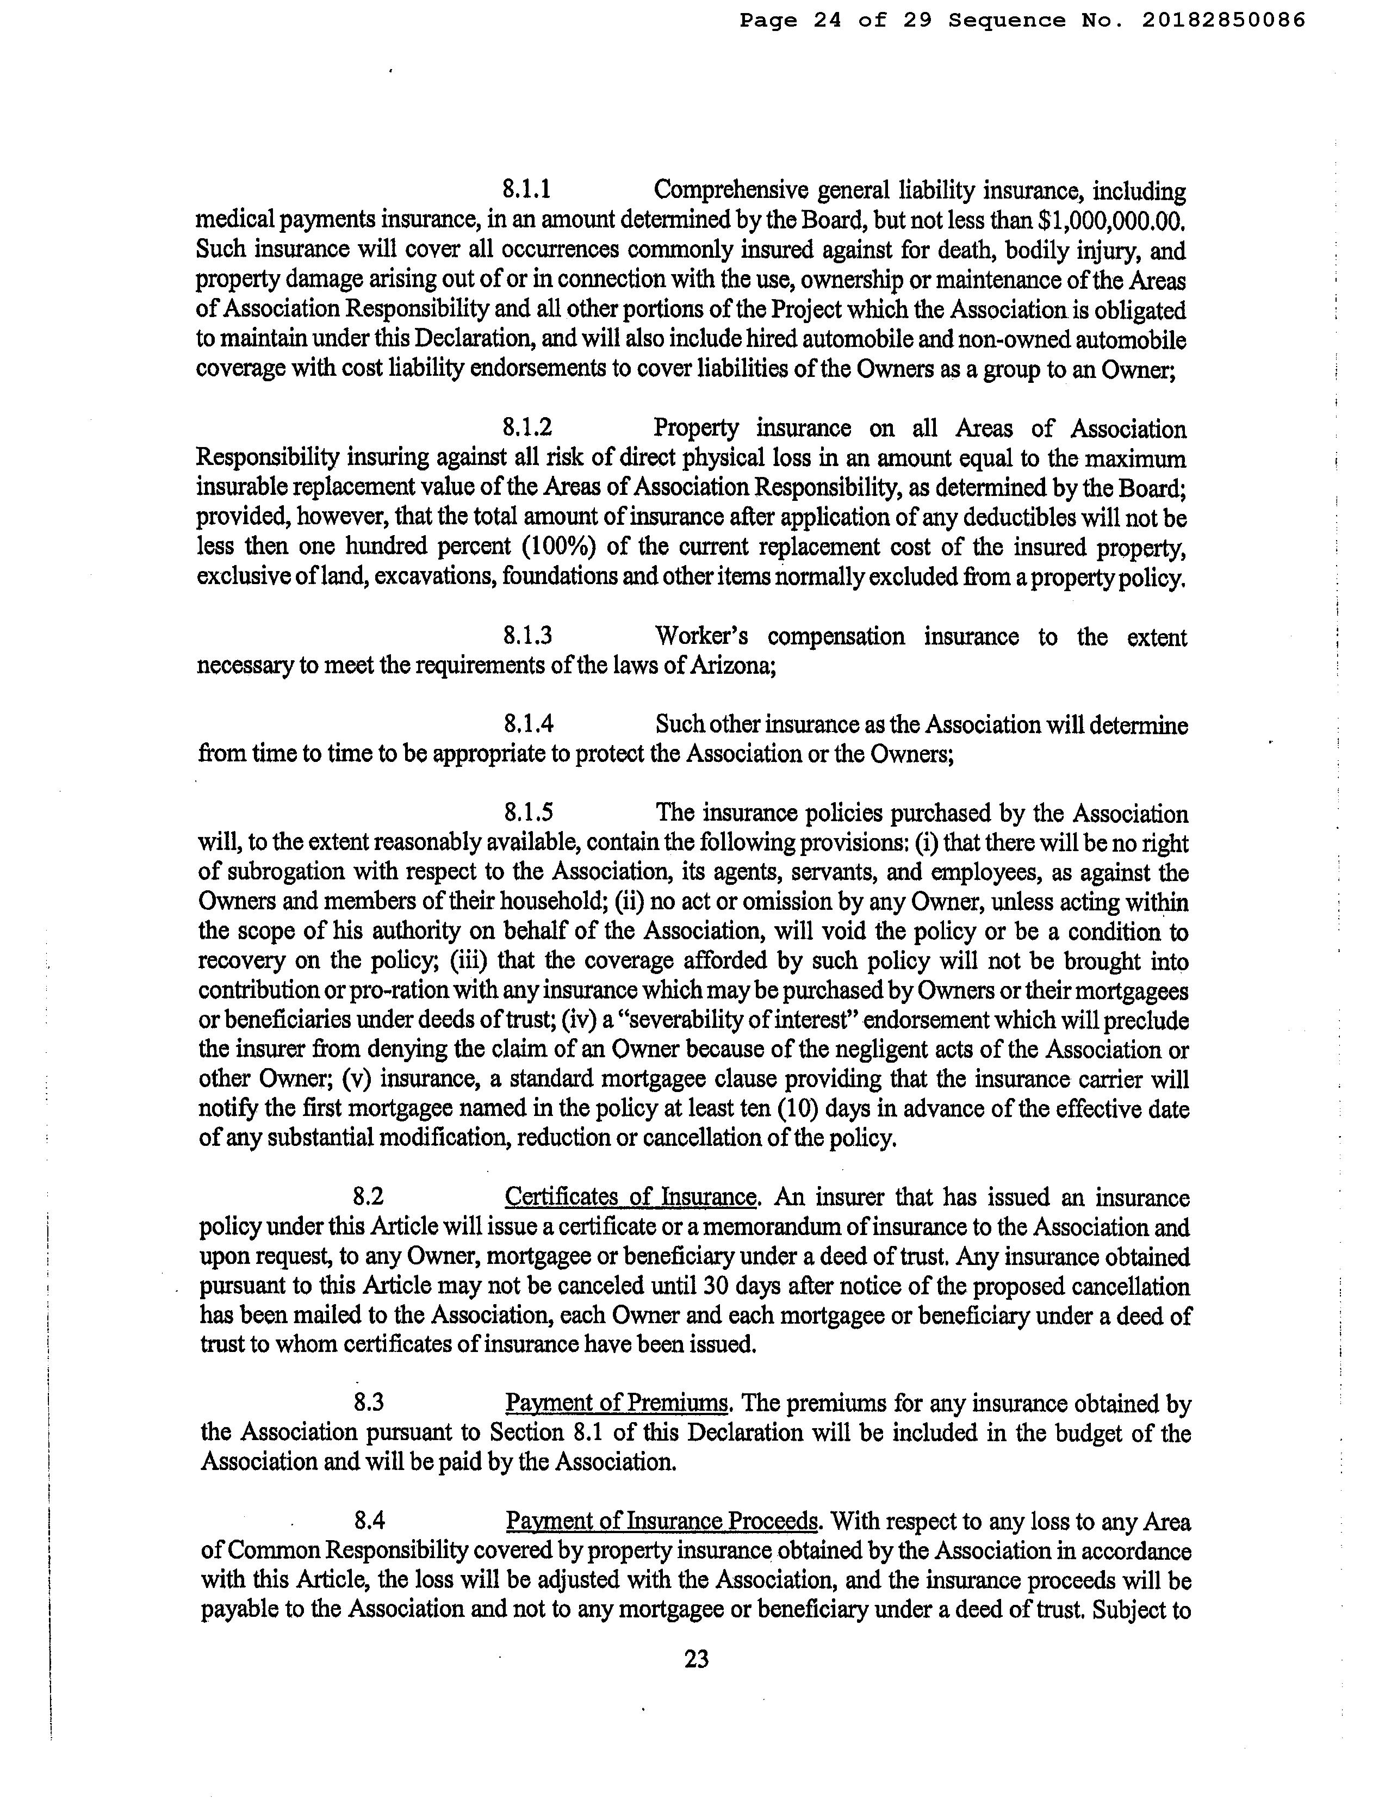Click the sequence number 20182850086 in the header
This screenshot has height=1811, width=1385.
pos(1223,21)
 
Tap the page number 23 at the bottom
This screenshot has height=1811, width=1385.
pos(696,1658)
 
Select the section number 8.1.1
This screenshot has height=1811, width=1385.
pos(527,190)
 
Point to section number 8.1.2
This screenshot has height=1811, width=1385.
pos(527,428)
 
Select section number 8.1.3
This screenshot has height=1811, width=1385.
pos(527,636)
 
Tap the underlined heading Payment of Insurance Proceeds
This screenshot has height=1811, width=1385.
pos(662,1520)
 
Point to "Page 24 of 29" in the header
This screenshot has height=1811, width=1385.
pos(835,21)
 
